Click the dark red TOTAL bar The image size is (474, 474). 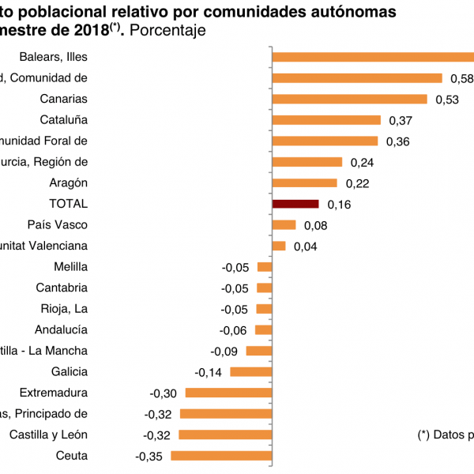coord(295,204)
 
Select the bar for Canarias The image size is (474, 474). coord(349,99)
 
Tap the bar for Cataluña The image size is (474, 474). coord(326,120)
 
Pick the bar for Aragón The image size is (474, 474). coord(304,182)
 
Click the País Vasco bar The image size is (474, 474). coord(284,225)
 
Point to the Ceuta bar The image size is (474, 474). coord(221,455)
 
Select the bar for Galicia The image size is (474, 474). coord(250,371)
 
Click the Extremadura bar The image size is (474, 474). coord(228,393)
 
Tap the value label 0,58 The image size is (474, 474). coord(461,78)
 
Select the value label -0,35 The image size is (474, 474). coord(149,456)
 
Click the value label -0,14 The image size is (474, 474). coord(209,372)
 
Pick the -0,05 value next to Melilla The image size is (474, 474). coord(235,267)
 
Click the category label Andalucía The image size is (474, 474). coord(61,329)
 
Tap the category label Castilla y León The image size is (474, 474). coord(48,434)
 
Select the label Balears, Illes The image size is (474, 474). coord(53,57)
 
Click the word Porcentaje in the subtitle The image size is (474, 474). coord(169,31)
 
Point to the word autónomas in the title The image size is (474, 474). coord(348,12)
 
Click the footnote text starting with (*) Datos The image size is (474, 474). coord(445,434)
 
